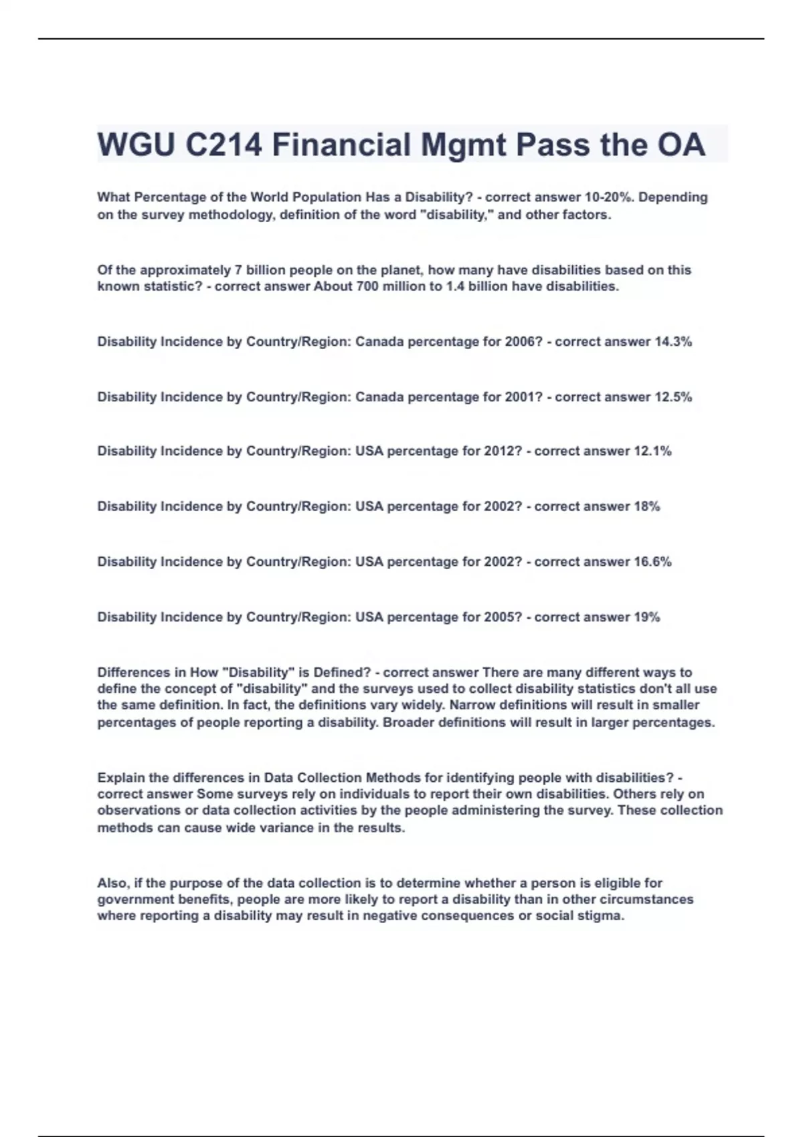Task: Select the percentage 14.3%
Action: pos(673,342)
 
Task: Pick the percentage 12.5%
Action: pos(673,397)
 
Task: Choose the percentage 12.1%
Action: pos(652,451)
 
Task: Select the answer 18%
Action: pos(646,507)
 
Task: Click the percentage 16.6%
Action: pos(652,562)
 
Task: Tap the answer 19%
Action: pos(646,617)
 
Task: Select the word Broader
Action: pos(408,723)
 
